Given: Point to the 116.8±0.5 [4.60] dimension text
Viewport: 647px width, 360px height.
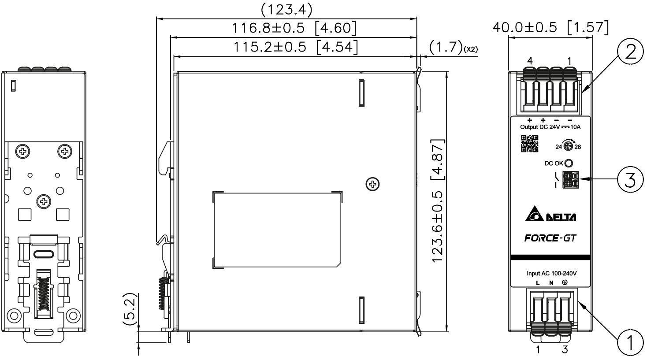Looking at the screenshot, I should pyautogui.click(x=294, y=28).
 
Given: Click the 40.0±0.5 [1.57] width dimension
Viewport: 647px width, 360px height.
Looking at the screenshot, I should pyautogui.click(x=550, y=27).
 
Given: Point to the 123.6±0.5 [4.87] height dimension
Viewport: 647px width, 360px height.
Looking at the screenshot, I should pyautogui.click(x=438, y=202).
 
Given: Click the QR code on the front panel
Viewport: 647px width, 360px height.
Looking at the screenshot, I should pyautogui.click(x=530, y=144).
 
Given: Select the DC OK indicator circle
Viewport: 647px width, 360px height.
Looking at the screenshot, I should pyautogui.click(x=569, y=163).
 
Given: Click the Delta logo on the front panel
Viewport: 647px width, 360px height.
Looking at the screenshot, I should pyautogui.click(x=550, y=216).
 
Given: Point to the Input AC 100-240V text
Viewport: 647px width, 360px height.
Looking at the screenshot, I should pyautogui.click(x=551, y=273).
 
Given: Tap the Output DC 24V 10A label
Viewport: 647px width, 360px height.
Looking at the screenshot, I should pyautogui.click(x=550, y=127).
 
